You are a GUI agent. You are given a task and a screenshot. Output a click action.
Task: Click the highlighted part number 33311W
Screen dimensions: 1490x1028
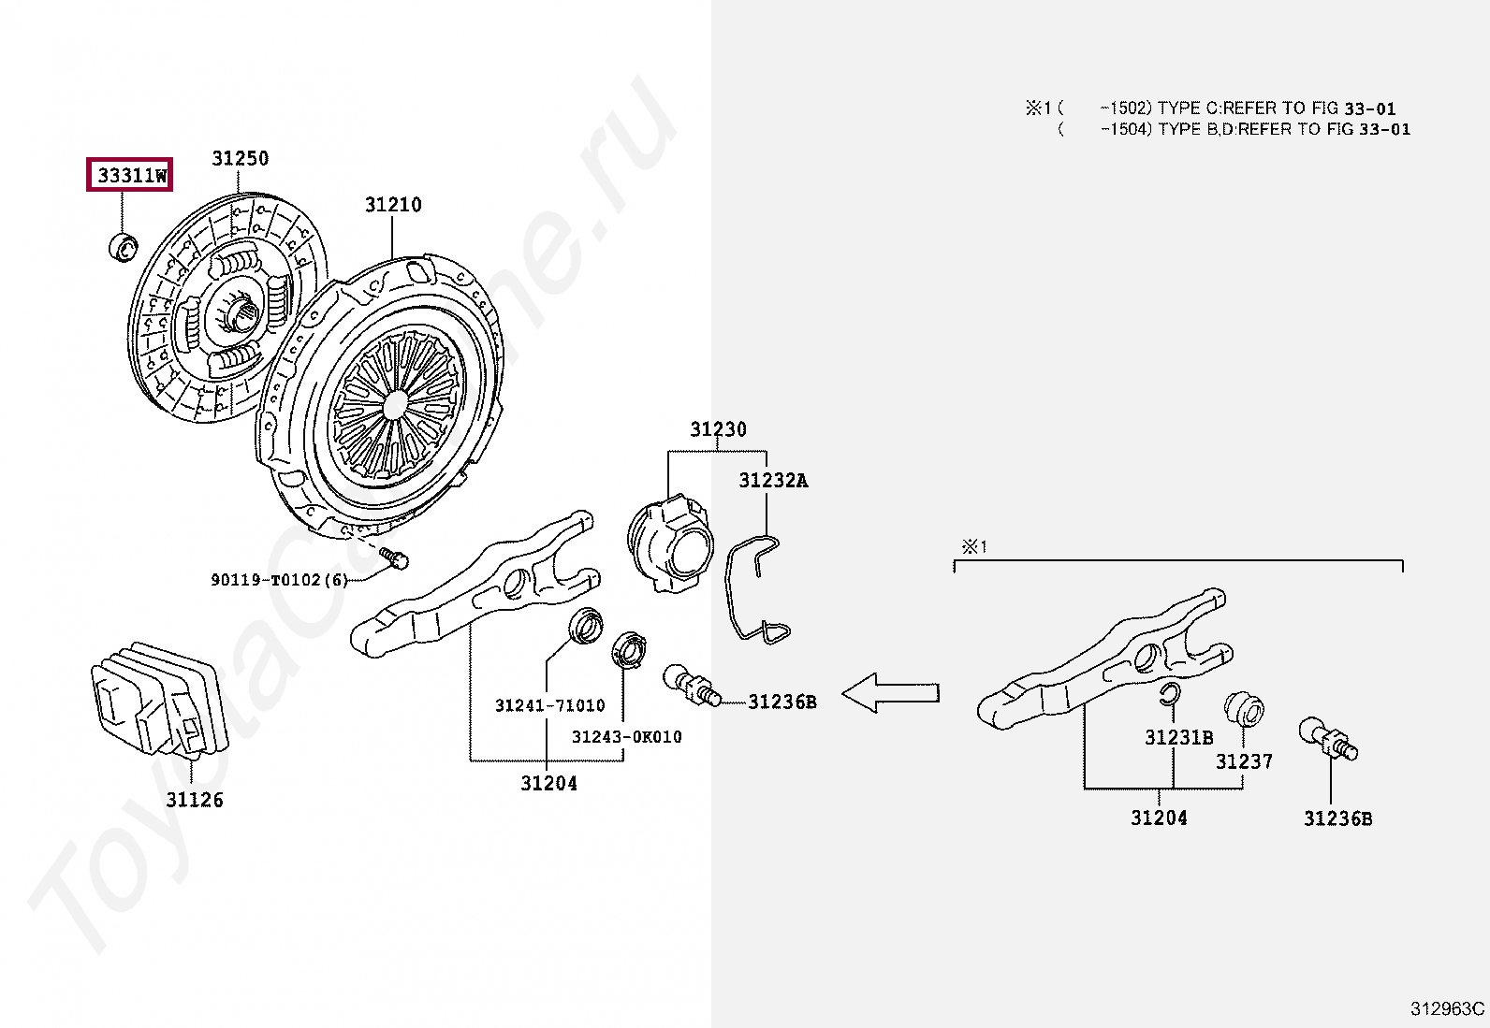point(130,175)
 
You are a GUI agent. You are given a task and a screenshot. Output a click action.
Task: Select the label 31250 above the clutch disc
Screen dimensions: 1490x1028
point(240,159)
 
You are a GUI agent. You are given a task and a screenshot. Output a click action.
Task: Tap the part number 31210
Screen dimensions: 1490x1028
point(393,205)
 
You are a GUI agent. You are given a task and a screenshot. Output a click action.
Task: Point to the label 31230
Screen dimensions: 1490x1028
point(718,430)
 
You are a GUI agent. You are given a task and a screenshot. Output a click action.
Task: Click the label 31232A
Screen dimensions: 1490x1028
point(773,481)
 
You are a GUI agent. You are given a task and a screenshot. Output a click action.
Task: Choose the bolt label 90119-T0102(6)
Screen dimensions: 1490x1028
point(279,580)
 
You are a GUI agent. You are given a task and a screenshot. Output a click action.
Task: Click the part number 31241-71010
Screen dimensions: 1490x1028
point(549,705)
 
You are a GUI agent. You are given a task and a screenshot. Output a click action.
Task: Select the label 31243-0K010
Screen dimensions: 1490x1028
point(626,737)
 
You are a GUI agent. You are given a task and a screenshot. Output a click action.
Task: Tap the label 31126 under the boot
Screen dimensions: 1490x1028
point(195,800)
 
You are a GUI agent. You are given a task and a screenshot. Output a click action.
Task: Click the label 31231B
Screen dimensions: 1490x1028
point(1178,738)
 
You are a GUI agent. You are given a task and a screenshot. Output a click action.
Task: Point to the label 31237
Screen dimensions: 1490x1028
point(1244,762)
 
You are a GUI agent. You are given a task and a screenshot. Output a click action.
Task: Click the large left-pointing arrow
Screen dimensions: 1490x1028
point(890,693)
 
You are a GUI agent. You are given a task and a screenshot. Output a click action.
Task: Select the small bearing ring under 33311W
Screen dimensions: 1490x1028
point(122,248)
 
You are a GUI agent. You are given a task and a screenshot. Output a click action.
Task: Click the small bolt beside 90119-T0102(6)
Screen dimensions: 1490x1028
point(397,558)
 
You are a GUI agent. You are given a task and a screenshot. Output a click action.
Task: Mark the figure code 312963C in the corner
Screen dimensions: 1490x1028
point(1448,1008)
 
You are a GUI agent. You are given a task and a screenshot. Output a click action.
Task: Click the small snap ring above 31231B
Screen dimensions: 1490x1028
point(1168,693)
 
